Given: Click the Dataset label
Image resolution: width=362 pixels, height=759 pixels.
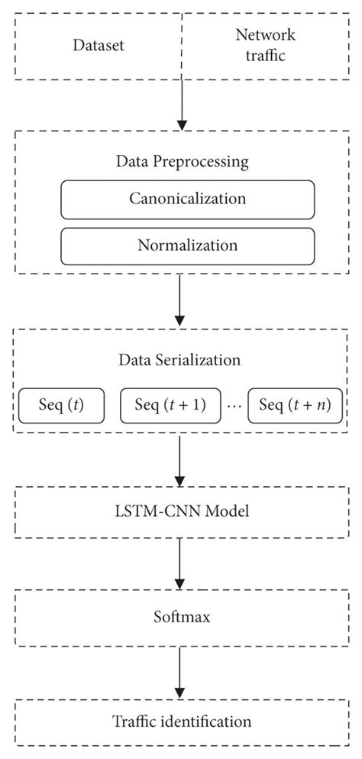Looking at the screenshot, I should point(99,45).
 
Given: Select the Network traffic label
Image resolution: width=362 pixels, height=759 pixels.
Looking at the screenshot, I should point(265,44).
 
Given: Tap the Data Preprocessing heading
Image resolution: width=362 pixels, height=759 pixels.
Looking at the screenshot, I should point(182,161).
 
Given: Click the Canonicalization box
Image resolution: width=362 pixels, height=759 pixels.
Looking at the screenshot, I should point(187,199).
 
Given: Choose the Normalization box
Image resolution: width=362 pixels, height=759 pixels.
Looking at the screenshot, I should point(187,246).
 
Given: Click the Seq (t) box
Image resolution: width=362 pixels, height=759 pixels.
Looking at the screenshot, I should point(61,404).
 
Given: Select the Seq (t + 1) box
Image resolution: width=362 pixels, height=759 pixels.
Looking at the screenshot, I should point(170,404).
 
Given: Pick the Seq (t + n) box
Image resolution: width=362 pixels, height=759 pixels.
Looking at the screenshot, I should point(295,404).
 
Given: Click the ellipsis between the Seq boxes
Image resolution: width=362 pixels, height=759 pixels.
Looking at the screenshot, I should point(235,407).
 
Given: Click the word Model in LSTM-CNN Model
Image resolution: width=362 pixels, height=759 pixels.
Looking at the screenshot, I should point(229,508).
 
